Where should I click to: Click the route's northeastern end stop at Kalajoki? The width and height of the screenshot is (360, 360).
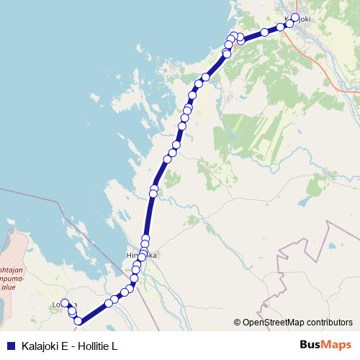tap(295, 17)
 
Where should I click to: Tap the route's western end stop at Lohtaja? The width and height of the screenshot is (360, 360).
tap(65, 303)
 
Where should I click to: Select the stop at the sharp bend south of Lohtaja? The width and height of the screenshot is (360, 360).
tap(78, 322)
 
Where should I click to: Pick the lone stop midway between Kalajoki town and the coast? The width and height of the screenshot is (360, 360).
tap(264, 32)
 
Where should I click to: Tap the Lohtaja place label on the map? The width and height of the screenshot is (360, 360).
tap(61, 305)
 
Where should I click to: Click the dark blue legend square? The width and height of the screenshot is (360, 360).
tap(10, 346)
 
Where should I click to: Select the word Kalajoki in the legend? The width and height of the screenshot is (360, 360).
tap(41, 346)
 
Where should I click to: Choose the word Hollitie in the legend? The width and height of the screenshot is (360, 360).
tap(94, 346)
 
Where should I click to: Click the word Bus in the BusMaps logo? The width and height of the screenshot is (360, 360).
tap(308, 346)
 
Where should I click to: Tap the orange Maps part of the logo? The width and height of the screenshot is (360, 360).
tap(336, 346)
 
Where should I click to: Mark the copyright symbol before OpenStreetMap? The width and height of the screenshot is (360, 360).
tap(238, 323)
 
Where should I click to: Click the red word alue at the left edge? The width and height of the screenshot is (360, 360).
tap(8, 286)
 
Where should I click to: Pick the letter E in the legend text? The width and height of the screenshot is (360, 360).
tap(65, 346)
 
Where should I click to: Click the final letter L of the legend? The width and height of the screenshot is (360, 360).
tap(114, 346)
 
